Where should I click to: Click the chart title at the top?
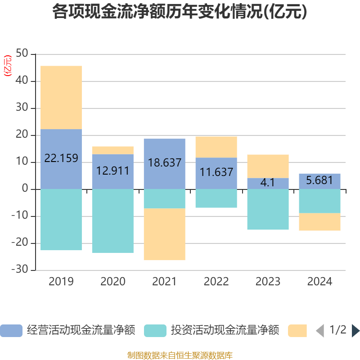(x=180, y=12)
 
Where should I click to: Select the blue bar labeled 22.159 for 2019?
(x=61, y=159)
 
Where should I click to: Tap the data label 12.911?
(x=113, y=171)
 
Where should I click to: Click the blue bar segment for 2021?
(x=165, y=164)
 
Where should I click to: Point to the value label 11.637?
(x=216, y=172)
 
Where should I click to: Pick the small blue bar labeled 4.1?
(x=268, y=184)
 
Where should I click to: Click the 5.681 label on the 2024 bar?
(x=319, y=180)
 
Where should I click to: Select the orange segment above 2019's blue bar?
(x=61, y=98)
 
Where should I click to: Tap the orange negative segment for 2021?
(x=165, y=234)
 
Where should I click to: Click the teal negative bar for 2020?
(x=113, y=221)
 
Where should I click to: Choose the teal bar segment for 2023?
(x=268, y=209)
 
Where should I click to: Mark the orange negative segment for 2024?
(x=319, y=222)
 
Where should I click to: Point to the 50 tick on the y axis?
(x=22, y=53)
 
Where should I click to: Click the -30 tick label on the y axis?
(x=20, y=269)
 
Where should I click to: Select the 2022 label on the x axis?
(x=216, y=282)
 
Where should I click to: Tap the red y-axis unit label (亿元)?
(x=8, y=66)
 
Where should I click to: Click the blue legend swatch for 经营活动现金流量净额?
(x=11, y=331)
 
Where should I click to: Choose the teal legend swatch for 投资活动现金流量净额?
(x=155, y=331)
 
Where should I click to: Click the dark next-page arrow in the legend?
(x=355, y=331)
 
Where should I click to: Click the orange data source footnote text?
(x=180, y=355)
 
